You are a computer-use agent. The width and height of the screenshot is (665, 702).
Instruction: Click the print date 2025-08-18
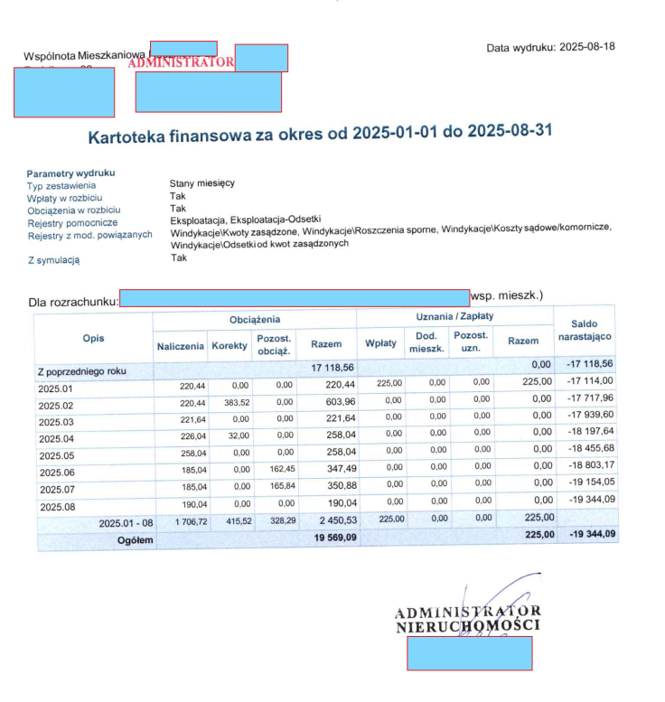(587, 46)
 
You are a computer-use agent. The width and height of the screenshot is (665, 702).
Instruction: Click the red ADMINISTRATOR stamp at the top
(182, 62)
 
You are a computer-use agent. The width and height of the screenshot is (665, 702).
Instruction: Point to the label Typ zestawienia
(61, 185)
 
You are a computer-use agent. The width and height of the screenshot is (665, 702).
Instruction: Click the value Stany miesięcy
(202, 183)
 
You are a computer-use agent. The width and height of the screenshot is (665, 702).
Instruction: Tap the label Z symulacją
(53, 259)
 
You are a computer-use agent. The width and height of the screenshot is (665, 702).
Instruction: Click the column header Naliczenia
(180, 346)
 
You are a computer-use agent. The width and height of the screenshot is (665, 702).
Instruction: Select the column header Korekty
(229, 346)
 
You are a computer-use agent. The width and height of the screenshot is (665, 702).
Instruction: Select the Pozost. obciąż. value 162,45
(277, 470)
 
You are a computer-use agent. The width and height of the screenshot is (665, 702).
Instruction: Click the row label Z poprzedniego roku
(82, 370)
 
